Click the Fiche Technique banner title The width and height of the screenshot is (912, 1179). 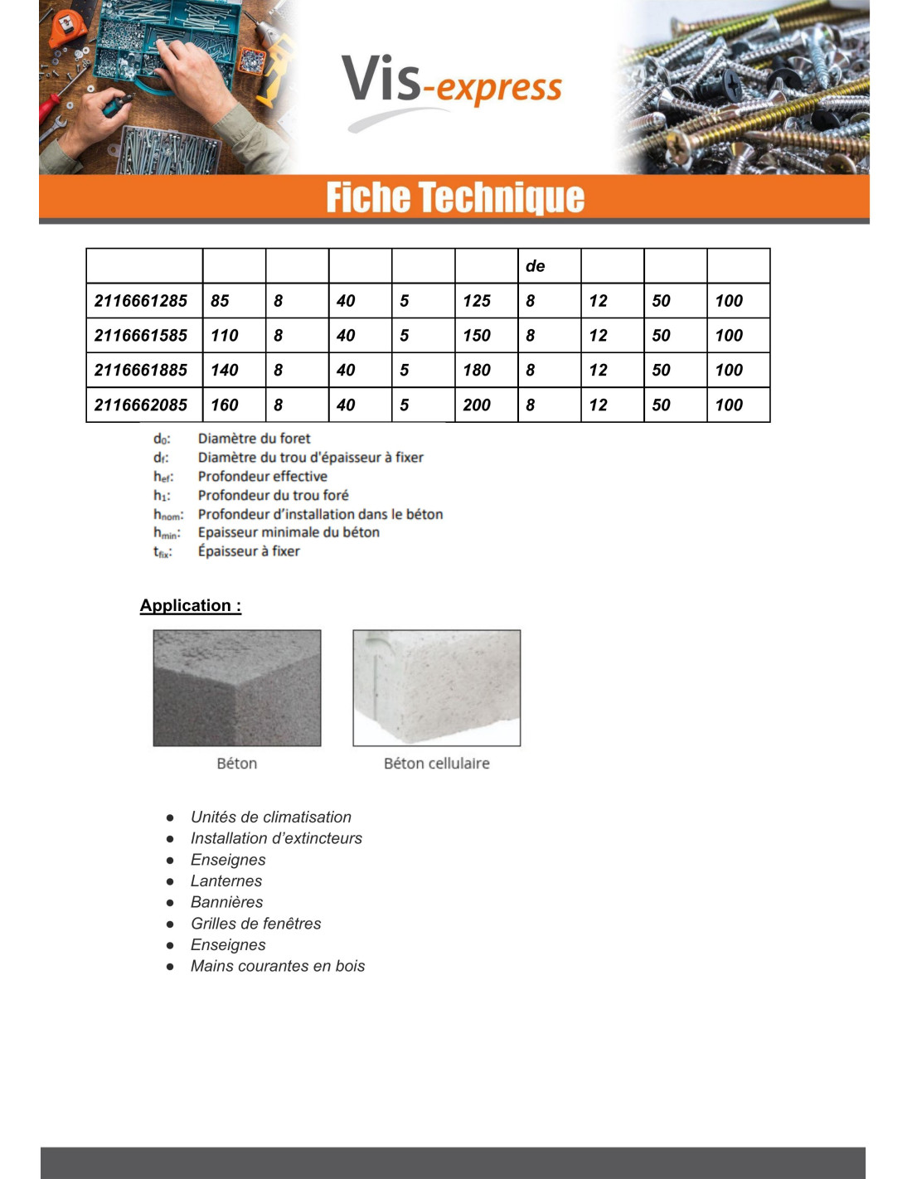(x=455, y=197)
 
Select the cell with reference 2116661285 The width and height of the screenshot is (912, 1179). (x=142, y=301)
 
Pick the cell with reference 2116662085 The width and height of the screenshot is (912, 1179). (x=142, y=405)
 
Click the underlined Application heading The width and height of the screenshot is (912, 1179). (x=191, y=605)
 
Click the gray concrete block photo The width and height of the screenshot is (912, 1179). (x=237, y=688)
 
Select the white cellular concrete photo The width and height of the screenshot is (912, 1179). (x=437, y=688)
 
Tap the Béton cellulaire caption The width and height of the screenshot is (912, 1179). (x=437, y=764)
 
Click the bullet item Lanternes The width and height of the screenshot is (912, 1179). (x=226, y=881)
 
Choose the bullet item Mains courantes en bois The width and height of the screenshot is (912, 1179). (x=278, y=966)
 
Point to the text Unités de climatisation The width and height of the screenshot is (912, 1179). (x=271, y=818)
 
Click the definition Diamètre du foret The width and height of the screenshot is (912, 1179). (x=255, y=439)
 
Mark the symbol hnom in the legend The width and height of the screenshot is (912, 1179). (x=167, y=515)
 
